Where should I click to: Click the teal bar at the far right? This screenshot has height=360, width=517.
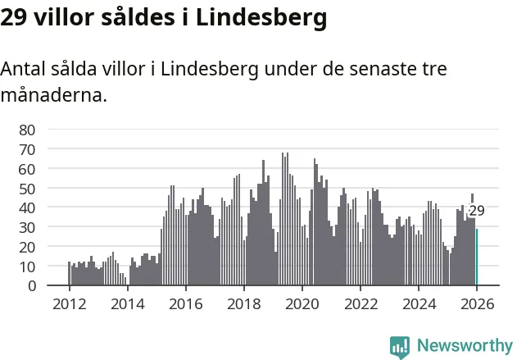476,257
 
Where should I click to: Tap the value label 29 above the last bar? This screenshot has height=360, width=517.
477,211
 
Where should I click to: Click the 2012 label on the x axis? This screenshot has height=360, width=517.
69,303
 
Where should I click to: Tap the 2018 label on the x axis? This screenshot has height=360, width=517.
244,303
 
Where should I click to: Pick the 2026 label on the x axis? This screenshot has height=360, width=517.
477,303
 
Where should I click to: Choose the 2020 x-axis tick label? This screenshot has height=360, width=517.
302,303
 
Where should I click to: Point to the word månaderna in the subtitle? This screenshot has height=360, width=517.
53,95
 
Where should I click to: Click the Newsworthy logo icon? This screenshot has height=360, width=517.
400,345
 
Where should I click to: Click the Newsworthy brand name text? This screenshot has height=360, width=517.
464,345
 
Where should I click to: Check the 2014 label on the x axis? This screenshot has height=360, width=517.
127,303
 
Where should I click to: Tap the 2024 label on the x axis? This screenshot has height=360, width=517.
419,303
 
